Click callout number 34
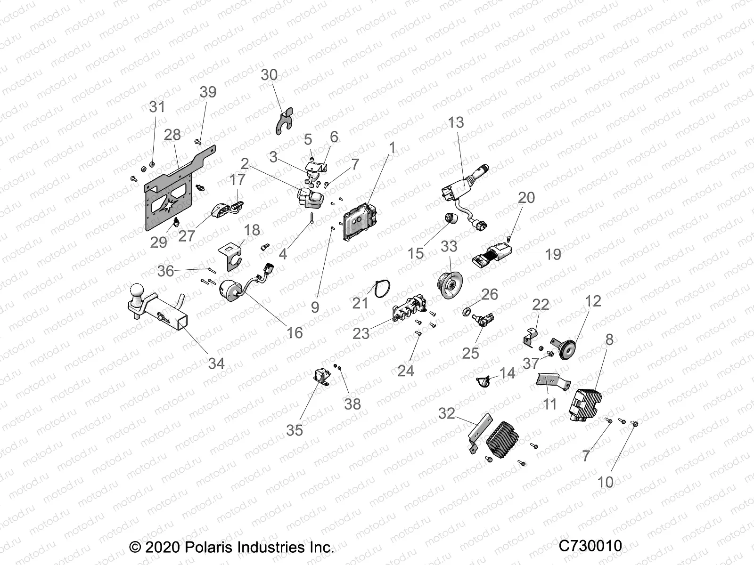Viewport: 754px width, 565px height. [216, 363]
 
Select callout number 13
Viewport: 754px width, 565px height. [456, 122]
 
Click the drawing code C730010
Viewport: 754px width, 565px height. [590, 546]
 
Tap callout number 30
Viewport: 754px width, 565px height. [269, 75]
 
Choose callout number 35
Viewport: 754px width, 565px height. [295, 430]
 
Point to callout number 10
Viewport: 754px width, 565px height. [606, 482]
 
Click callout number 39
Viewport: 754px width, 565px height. [208, 92]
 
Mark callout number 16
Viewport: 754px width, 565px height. [295, 333]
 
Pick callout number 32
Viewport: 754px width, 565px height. [447, 413]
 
